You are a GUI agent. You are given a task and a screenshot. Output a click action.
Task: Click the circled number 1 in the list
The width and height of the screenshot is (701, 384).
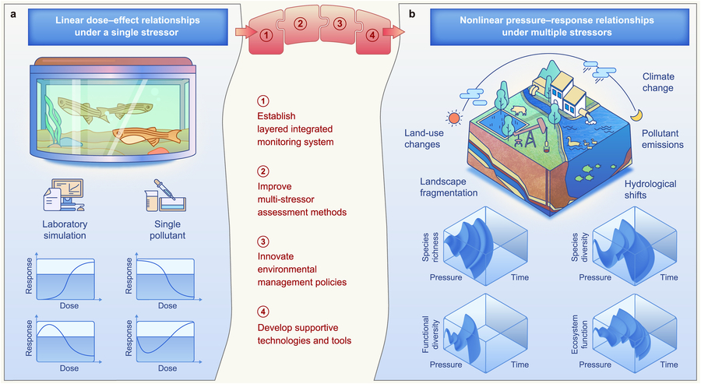tap(262, 102)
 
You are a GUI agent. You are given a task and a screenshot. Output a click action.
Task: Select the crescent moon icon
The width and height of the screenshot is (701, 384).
tap(637, 114)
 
